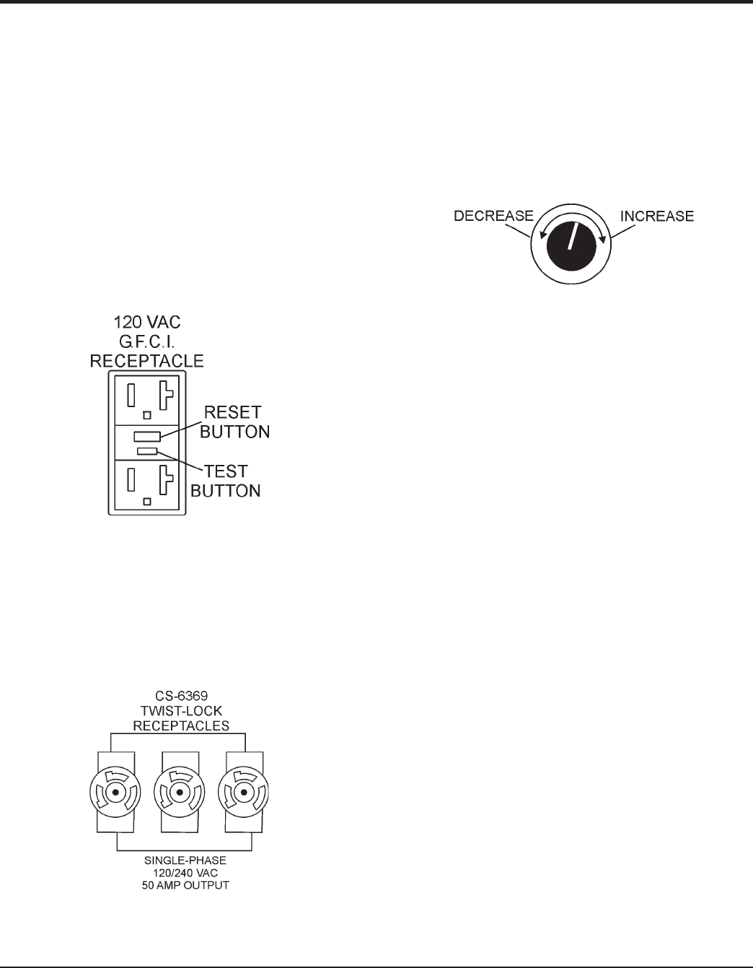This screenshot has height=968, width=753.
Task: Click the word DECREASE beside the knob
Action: [x=493, y=216]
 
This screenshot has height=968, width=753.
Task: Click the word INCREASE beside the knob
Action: [x=657, y=216]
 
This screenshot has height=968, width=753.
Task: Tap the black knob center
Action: [x=571, y=246]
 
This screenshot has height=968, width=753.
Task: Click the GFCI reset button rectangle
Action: [x=147, y=437]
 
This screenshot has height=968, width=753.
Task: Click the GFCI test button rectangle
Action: [x=147, y=451]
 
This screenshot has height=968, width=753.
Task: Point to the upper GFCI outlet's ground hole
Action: [x=146, y=415]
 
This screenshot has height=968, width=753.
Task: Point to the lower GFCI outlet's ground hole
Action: [x=146, y=500]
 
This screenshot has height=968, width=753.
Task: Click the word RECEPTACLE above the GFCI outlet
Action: [x=146, y=360]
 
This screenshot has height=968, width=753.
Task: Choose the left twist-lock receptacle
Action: [x=115, y=793]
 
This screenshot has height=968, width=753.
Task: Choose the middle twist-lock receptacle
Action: [x=179, y=793]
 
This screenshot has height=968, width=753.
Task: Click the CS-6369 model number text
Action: [x=179, y=699]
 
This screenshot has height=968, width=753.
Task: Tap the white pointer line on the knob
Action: [x=573, y=237]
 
